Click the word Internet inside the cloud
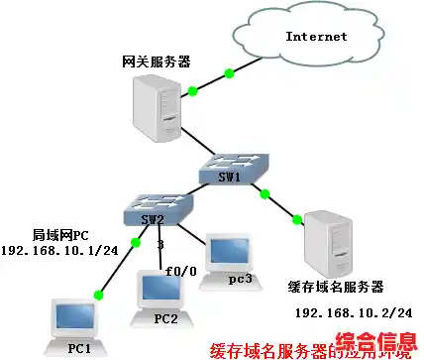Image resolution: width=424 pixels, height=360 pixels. (x=316, y=37)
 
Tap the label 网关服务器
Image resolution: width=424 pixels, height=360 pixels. (x=152, y=61)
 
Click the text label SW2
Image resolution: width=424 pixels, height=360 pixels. (x=148, y=217)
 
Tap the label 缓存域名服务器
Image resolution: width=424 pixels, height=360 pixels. (x=334, y=288)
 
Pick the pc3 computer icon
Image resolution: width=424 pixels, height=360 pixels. (x=229, y=260)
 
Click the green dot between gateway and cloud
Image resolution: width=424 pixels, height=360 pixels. (x=230, y=73)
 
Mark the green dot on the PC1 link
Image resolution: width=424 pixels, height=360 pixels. (x=98, y=294)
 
